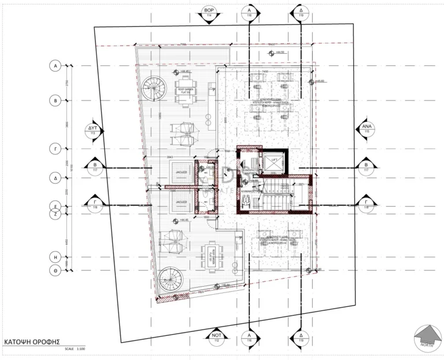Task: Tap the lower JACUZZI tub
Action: coord(181,204)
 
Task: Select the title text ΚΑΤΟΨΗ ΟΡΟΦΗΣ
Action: coord(32,342)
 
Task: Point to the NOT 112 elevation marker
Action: coord(217,338)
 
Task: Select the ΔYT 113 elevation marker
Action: coord(92,130)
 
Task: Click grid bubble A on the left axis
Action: coord(56,66)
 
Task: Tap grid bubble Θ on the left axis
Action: coord(56,270)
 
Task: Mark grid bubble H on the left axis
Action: coord(56,254)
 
